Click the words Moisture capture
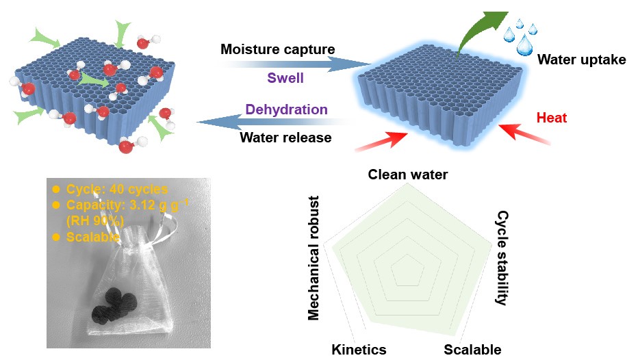pyautogui.click(x=278, y=49)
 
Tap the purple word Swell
pyautogui.click(x=285, y=78)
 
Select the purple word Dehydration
pyautogui.click(x=286, y=110)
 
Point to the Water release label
pyautogui.click(x=285, y=138)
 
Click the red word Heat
pyautogui.click(x=552, y=118)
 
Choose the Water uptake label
pyautogui.click(x=581, y=60)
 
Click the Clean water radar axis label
pyautogui.click(x=408, y=175)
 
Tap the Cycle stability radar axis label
pyautogui.click(x=502, y=257)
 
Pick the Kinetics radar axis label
pyautogui.click(x=359, y=350)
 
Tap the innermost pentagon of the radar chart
pyautogui.click(x=408, y=270)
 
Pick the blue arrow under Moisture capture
pyautogui.click(x=287, y=64)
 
